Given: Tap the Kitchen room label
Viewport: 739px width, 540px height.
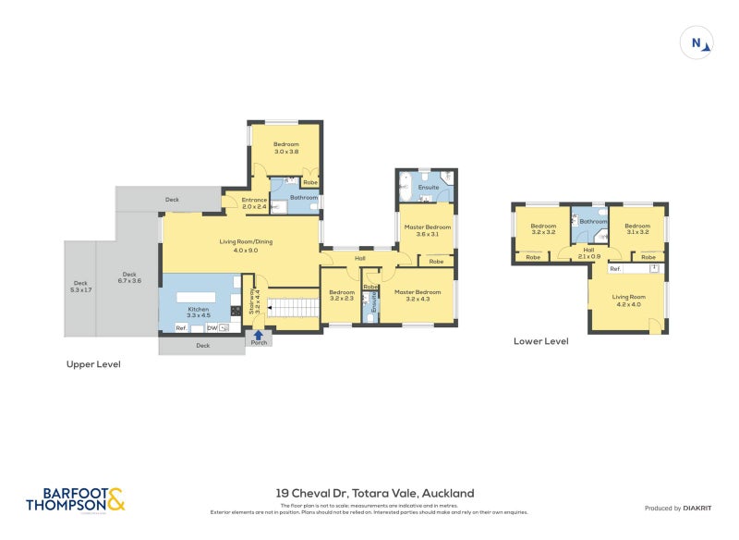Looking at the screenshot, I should pos(199,313).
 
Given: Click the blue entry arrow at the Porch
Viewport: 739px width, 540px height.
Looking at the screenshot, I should pos(259,336).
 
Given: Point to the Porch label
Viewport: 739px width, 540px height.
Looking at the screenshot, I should pos(259,344).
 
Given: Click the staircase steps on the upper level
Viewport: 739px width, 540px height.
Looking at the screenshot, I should pos(294,306).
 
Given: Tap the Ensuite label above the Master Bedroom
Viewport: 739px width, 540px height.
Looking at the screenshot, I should pos(428,188).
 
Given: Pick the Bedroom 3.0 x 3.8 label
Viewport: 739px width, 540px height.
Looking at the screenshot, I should pos(285,147).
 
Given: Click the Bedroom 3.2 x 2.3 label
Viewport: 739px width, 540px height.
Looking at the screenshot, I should pos(342,295).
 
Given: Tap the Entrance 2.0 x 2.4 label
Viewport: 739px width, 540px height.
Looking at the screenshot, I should pos(254,203).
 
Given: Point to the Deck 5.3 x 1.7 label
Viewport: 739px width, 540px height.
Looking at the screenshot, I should pos(80,287).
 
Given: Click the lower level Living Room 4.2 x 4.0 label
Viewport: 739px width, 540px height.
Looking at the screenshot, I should pos(628,300).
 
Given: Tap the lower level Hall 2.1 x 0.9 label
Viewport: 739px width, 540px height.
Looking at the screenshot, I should pos(588,252).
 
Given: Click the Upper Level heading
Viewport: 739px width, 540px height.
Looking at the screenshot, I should pos(93,364).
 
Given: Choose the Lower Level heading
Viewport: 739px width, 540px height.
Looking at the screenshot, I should pos(540,341).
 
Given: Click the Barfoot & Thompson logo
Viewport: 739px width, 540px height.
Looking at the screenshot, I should pos(75,499).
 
